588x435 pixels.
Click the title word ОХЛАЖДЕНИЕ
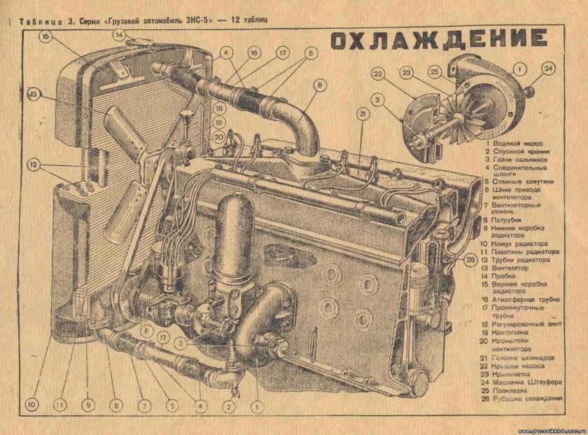point(439,41)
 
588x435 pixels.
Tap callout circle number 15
point(46,37)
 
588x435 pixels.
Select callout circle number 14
point(120,34)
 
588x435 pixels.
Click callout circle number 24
point(548,68)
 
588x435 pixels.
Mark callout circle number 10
point(31,404)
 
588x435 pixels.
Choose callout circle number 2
point(227,406)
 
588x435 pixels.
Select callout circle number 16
point(253,53)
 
